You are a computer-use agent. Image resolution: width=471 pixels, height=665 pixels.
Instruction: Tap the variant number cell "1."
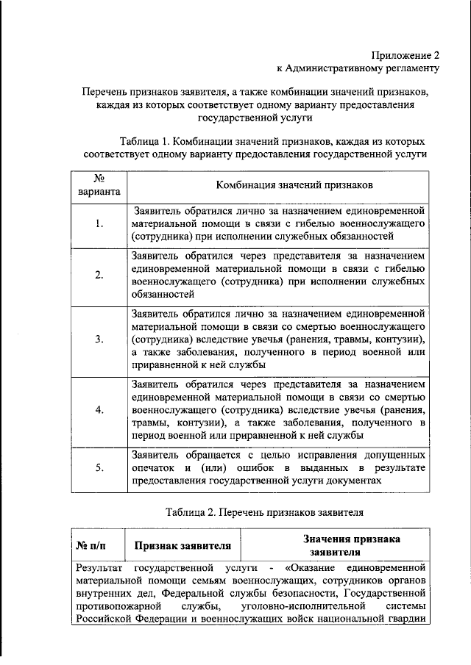point(99,224)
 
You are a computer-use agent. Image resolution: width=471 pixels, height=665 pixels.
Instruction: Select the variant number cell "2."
point(99,275)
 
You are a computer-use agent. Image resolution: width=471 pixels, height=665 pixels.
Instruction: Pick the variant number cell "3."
point(99,339)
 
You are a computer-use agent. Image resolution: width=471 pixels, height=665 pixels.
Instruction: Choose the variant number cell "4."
point(99,410)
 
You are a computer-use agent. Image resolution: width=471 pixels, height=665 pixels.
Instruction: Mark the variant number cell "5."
point(99,467)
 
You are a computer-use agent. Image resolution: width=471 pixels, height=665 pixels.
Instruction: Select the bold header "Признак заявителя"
point(183,545)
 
